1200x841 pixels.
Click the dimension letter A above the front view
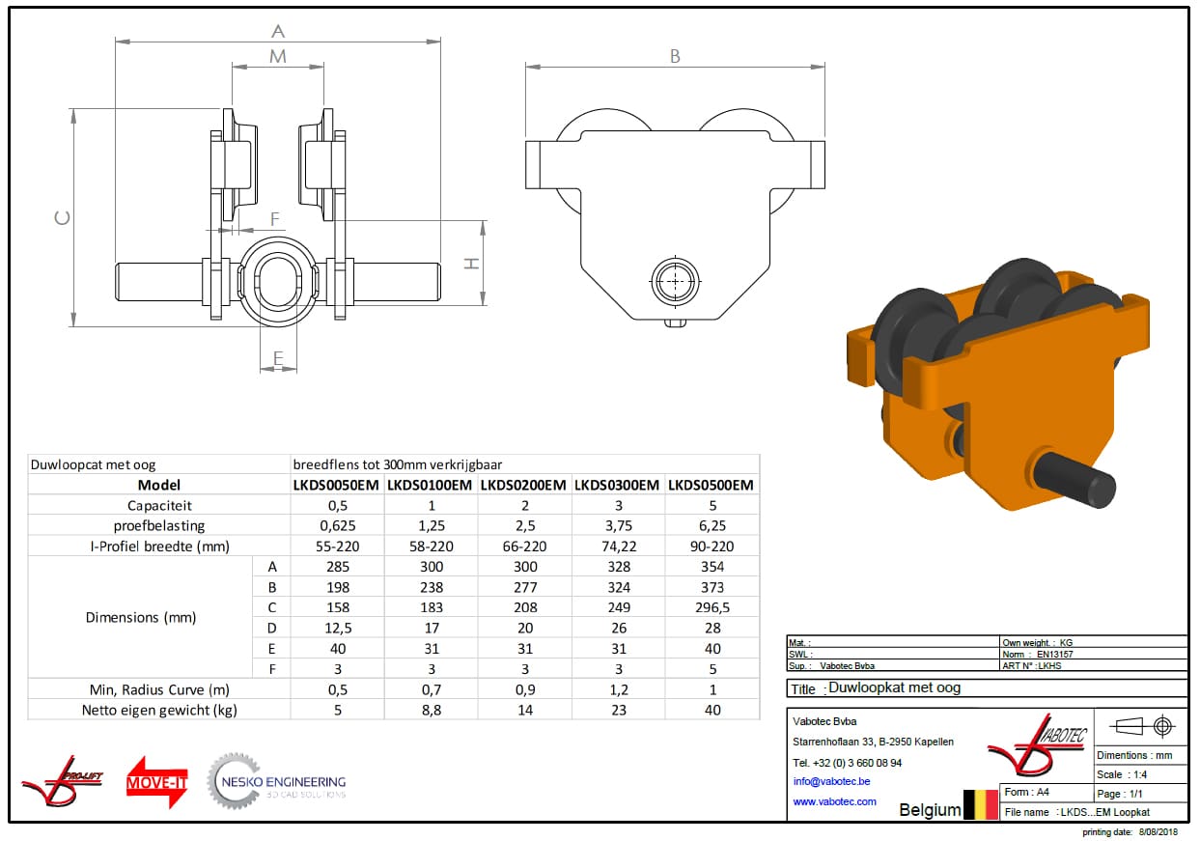coord(278,31)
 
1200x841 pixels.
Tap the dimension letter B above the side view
coord(675,57)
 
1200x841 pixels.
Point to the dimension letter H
coord(472,263)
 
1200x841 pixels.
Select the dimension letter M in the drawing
coord(278,57)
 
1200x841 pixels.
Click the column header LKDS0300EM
coord(618,485)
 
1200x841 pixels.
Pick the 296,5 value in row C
coord(712,607)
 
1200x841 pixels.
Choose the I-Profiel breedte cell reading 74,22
coord(618,546)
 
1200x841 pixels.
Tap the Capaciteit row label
coord(159,505)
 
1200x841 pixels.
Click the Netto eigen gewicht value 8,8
coord(431,710)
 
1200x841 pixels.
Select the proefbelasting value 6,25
coord(712,525)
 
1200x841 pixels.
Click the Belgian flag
coord(981,804)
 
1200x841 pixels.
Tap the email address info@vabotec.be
coord(831,781)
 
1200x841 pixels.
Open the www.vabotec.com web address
coord(834,801)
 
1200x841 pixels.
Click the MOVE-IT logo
coord(156,782)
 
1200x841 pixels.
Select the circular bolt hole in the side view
coord(674,282)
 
